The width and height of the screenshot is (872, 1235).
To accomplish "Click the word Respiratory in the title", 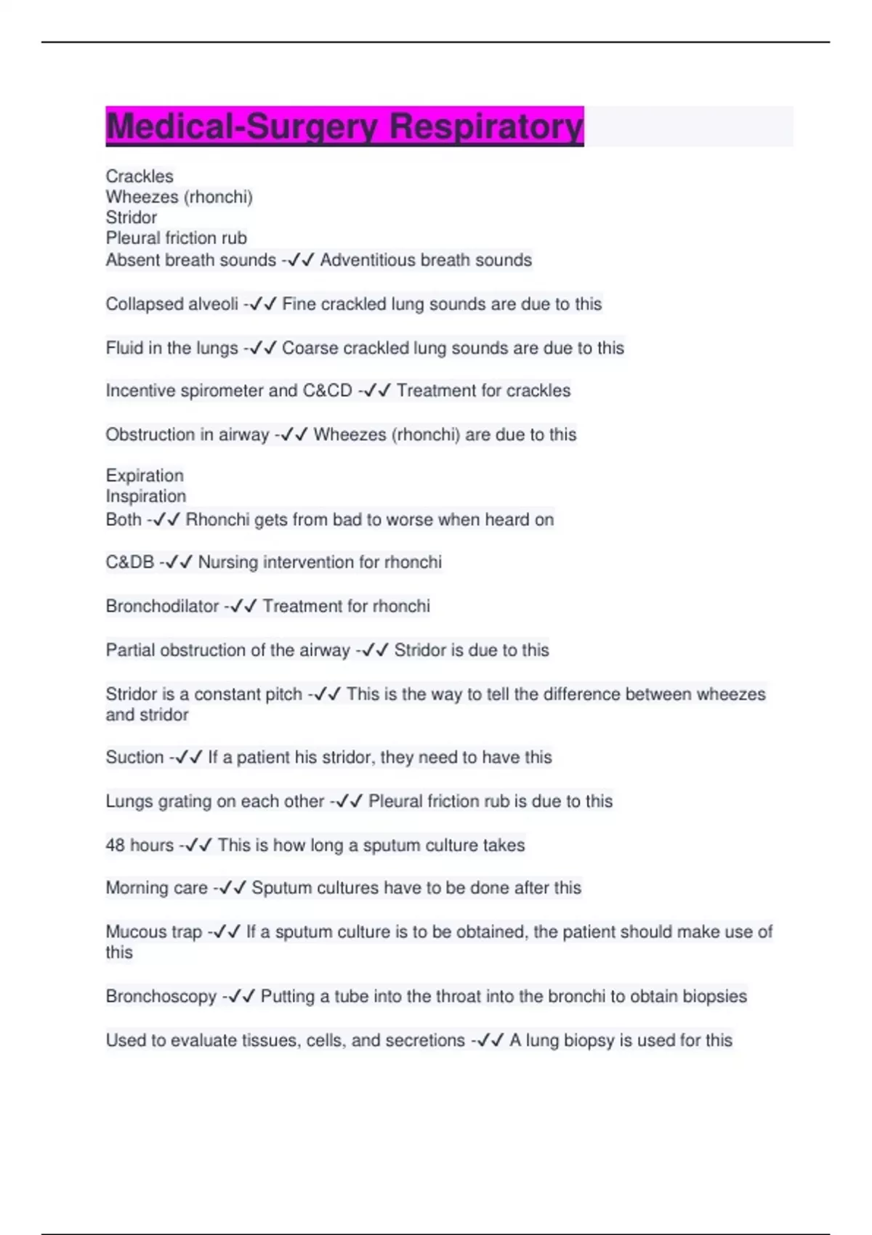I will click(x=486, y=126).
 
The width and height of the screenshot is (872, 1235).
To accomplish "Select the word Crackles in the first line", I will click(x=140, y=177).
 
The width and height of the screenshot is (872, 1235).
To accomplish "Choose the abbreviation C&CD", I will click(x=327, y=391).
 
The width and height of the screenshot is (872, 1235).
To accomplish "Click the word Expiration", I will click(x=145, y=476).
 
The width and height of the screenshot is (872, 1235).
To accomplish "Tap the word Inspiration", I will click(x=146, y=496).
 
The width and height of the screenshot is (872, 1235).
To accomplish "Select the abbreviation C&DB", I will click(x=130, y=562).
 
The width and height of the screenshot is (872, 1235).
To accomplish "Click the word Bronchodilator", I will click(x=162, y=606).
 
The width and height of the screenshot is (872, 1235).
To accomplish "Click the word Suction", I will click(x=134, y=757).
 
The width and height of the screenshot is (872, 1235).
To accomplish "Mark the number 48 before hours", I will click(x=116, y=845).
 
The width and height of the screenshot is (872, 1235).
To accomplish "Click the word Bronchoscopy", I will click(x=161, y=996).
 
